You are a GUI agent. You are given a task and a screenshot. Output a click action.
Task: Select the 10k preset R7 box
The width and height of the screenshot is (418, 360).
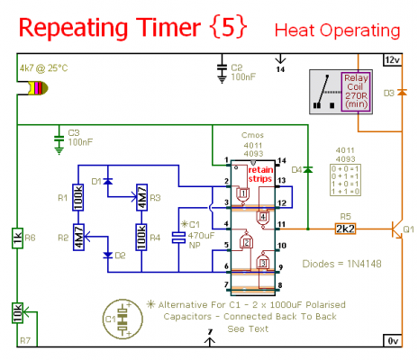coord(17,312)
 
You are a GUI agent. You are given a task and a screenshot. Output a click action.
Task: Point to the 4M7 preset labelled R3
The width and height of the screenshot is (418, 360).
coord(141,196)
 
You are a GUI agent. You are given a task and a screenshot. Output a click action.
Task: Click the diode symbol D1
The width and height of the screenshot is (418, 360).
coord(110,182)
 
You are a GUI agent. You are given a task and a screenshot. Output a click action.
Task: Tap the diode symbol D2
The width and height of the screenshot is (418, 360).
coord(110,255)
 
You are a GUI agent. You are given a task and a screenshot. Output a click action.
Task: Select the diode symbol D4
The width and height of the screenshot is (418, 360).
coord(307,168)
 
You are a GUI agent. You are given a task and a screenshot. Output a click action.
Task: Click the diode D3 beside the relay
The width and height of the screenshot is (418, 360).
coord(400,93)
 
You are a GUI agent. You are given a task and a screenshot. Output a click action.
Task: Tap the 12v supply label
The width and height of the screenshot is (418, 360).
coord(392,59)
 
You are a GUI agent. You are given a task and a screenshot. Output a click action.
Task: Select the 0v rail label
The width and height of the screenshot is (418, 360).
coord(392,341)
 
